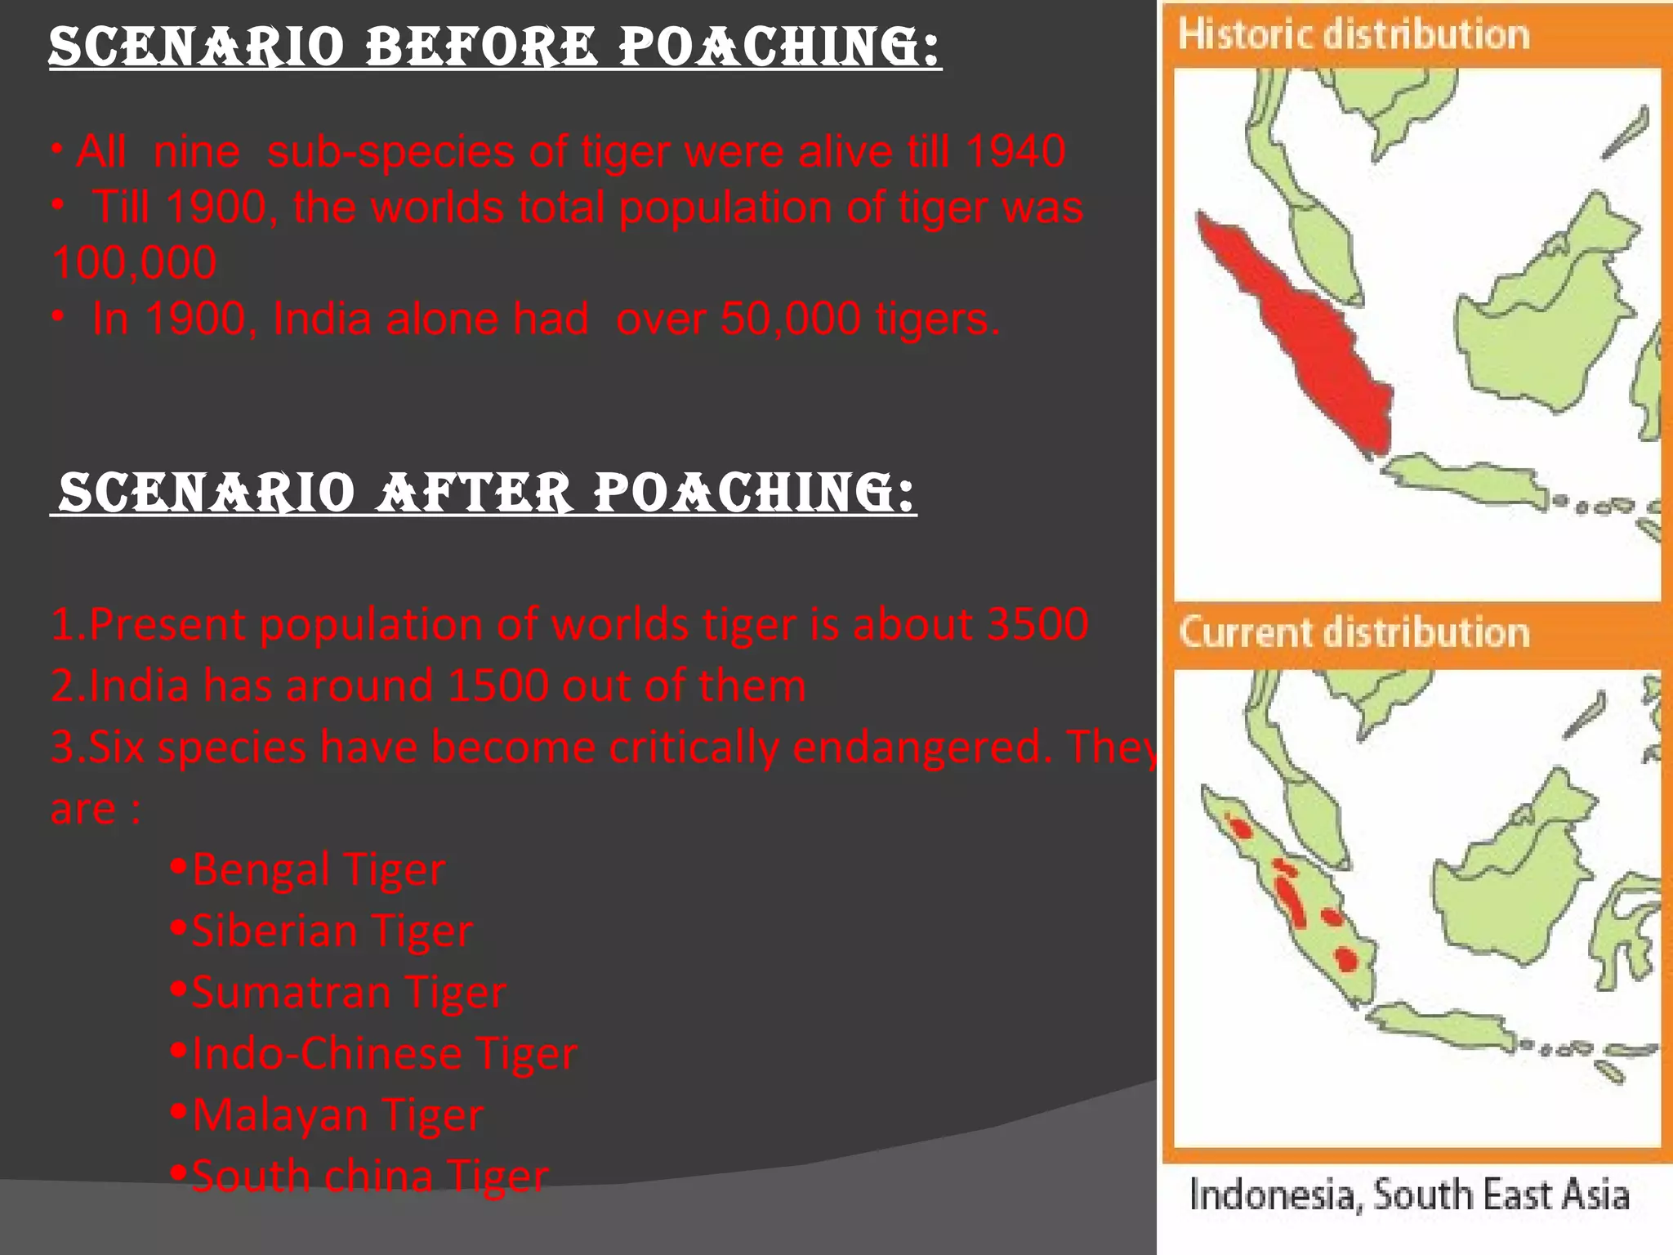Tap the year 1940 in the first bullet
coord(1015,151)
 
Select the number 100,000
coord(134,263)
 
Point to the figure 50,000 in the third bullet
coord(790,319)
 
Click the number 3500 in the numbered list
coord(1037,624)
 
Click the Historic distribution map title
coord(1353,35)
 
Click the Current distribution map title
coord(1354,632)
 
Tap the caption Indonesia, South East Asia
coord(1409,1195)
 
